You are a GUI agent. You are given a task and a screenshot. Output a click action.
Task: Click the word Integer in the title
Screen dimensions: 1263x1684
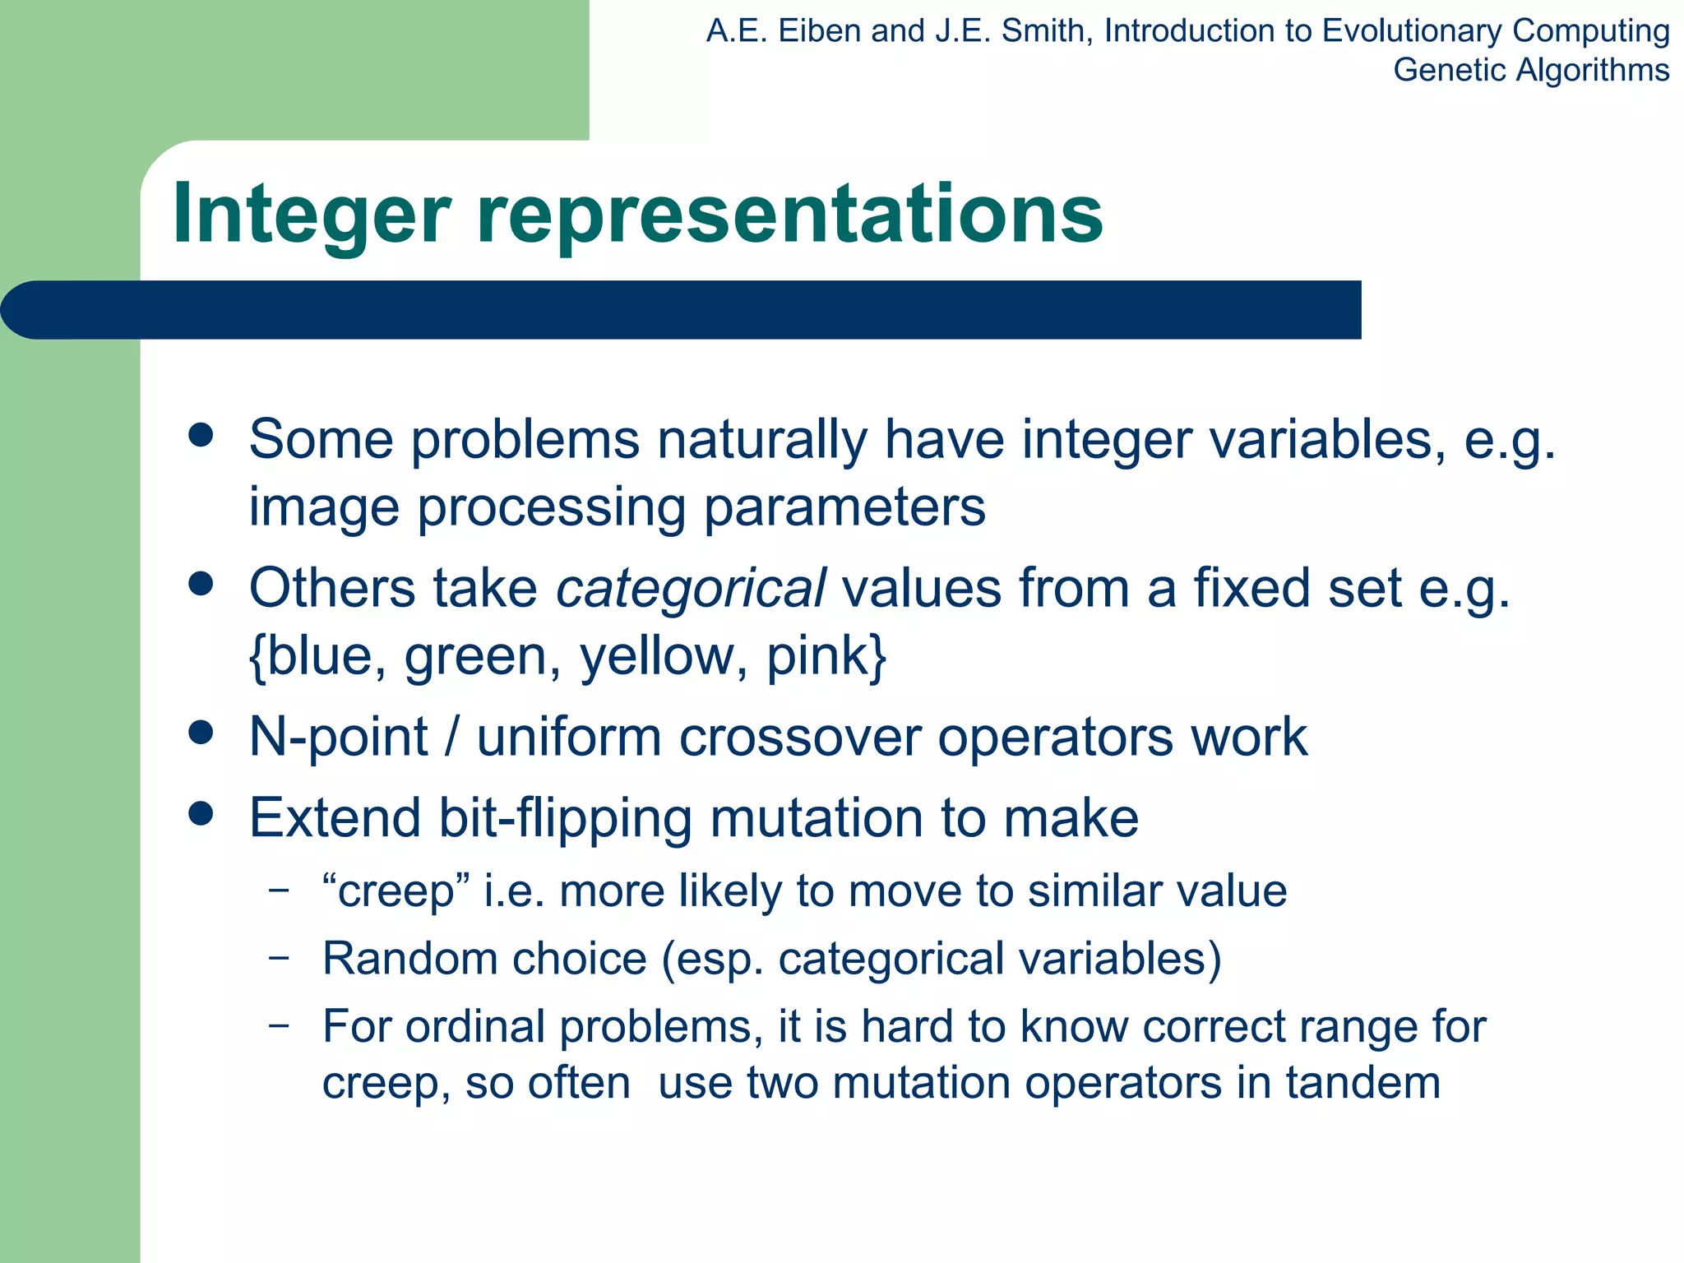(312, 215)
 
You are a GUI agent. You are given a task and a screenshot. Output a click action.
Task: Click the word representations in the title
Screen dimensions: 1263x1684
(789, 215)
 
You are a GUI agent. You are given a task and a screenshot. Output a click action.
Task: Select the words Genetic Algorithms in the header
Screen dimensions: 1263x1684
(1530, 70)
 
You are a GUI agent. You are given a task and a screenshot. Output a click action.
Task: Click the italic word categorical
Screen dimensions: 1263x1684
(691, 589)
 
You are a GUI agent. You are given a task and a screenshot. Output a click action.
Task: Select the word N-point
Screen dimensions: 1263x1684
(338, 737)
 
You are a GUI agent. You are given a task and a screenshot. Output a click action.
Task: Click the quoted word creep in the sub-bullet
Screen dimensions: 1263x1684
(396, 891)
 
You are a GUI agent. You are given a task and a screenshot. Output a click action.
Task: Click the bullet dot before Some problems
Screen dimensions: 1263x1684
(201, 435)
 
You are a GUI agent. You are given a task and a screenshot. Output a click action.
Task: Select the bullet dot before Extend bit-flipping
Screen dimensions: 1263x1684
(201, 814)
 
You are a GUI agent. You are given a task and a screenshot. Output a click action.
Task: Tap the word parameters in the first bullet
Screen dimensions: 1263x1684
(844, 507)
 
